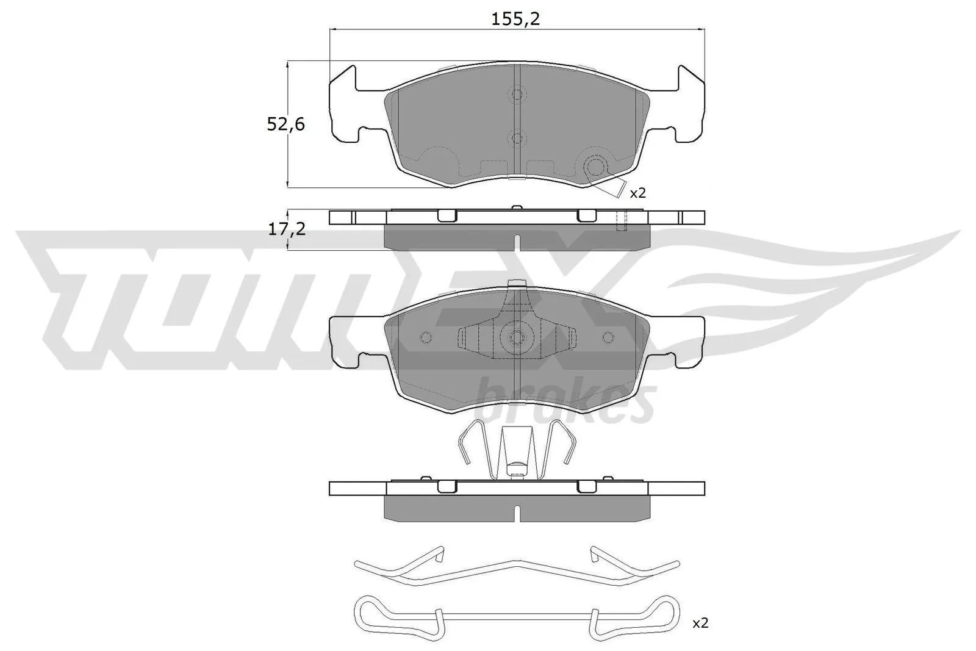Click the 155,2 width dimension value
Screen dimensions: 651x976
[516, 20]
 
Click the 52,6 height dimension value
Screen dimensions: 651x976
[285, 124]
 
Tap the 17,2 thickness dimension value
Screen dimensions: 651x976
[285, 229]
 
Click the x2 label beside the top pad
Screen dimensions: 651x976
[637, 193]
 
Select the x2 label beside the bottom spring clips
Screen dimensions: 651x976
[701, 624]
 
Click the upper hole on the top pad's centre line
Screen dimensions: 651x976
[517, 94]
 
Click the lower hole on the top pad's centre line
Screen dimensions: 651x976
[517, 138]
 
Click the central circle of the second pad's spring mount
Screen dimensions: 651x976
[517, 337]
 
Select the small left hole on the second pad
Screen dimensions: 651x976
[426, 337]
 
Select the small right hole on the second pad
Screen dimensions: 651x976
[608, 337]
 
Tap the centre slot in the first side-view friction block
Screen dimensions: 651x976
[517, 242]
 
